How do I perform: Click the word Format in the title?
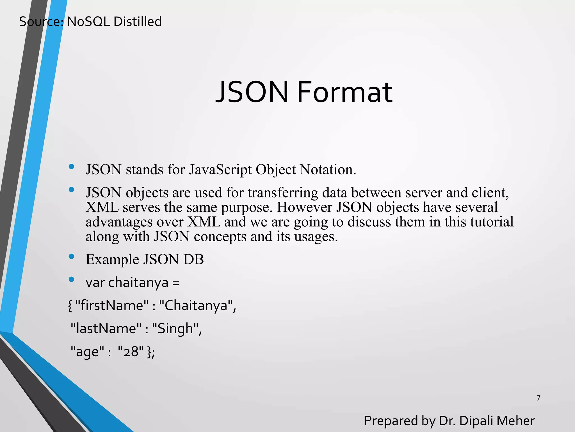[344, 92]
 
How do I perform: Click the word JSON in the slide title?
[252, 92]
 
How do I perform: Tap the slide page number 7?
[539, 398]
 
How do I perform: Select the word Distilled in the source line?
[138, 22]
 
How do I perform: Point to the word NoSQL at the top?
[88, 22]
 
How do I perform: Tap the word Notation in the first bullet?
[328, 170]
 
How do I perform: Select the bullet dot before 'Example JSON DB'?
[71, 256]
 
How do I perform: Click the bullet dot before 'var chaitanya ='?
[71, 279]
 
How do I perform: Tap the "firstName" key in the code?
[112, 305]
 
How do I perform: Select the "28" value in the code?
[131, 352]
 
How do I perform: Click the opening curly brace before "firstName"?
[70, 306]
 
